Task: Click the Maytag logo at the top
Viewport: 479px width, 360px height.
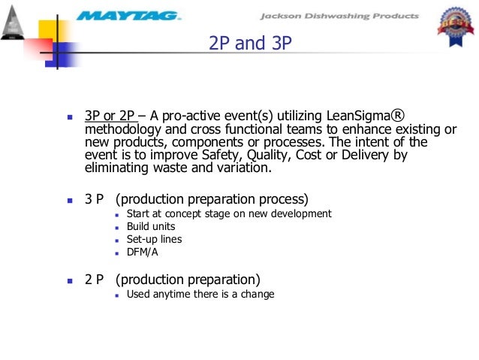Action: click(x=128, y=15)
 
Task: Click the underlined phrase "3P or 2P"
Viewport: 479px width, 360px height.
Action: click(x=110, y=116)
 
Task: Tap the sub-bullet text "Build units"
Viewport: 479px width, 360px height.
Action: click(x=151, y=226)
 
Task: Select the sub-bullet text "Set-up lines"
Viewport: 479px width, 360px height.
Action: click(x=155, y=239)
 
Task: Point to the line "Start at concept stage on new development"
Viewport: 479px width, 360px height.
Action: click(x=229, y=213)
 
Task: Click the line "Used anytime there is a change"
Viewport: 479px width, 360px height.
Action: click(x=200, y=294)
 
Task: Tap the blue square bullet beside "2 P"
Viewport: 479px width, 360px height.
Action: click(x=70, y=280)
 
